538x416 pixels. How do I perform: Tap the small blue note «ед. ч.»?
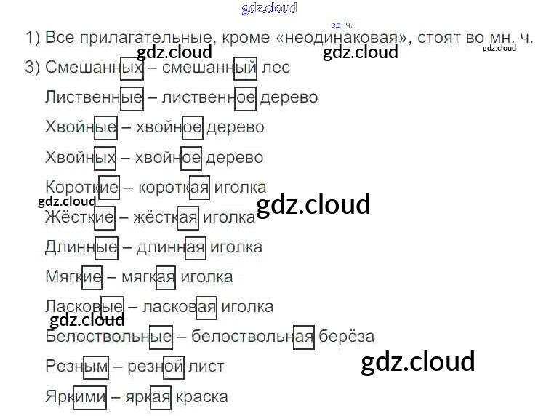341,25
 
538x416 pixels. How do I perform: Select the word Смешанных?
94,68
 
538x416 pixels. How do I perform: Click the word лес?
276,68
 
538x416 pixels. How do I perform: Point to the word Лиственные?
94,97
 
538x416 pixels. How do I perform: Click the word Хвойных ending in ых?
81,157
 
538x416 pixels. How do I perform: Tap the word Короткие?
81,187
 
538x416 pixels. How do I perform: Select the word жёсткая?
166,217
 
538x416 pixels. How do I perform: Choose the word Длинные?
81,247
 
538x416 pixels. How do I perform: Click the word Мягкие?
73,276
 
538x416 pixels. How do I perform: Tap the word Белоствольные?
108,336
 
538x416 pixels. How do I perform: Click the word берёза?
347,336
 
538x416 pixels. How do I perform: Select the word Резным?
76,367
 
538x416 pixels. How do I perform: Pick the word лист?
206,367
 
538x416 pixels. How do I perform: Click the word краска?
201,396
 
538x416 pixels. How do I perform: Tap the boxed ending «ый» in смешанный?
246,68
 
